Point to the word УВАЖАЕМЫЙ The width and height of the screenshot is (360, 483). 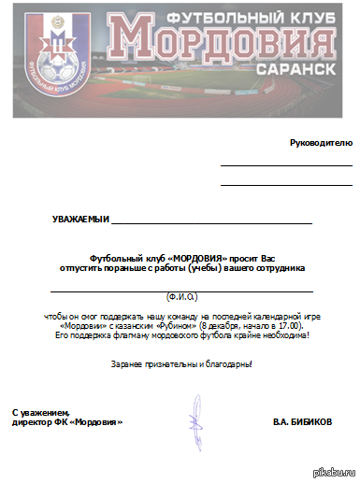tap(80, 220)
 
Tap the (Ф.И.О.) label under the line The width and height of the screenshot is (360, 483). tap(181, 297)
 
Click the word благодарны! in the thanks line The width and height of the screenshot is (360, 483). tap(230, 362)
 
